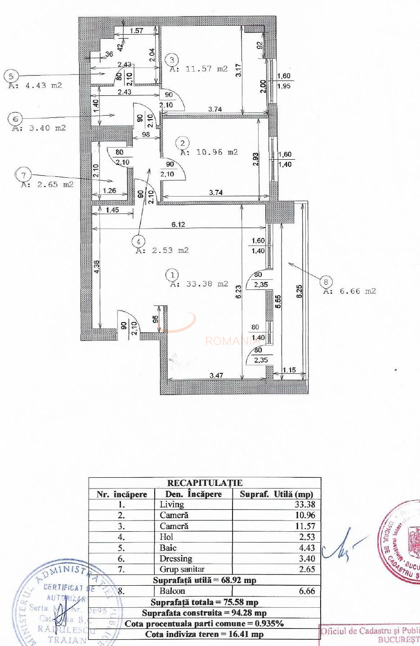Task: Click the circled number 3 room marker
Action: pyautogui.click(x=172, y=59)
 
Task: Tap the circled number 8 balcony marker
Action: pyautogui.click(x=326, y=282)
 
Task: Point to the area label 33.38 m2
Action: pyautogui.click(x=199, y=284)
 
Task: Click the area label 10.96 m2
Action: pyautogui.click(x=209, y=153)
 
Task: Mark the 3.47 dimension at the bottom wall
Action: pyautogui.click(x=217, y=375)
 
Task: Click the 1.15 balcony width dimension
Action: pyautogui.click(x=290, y=370)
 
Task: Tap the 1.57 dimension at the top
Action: pyautogui.click(x=136, y=31)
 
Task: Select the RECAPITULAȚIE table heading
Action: pyautogui.click(x=205, y=483)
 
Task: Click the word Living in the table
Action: pyautogui.click(x=172, y=505)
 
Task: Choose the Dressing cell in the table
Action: pyautogui.click(x=176, y=559)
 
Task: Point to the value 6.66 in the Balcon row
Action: pyautogui.click(x=307, y=591)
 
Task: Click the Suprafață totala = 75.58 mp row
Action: pyautogui.click(x=205, y=602)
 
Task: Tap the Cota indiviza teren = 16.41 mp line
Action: pyautogui.click(x=205, y=634)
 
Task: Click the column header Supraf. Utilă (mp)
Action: pyautogui.click(x=276, y=494)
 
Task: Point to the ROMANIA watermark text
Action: pyautogui.click(x=229, y=341)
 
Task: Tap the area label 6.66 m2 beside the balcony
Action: pyautogui.click(x=349, y=292)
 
